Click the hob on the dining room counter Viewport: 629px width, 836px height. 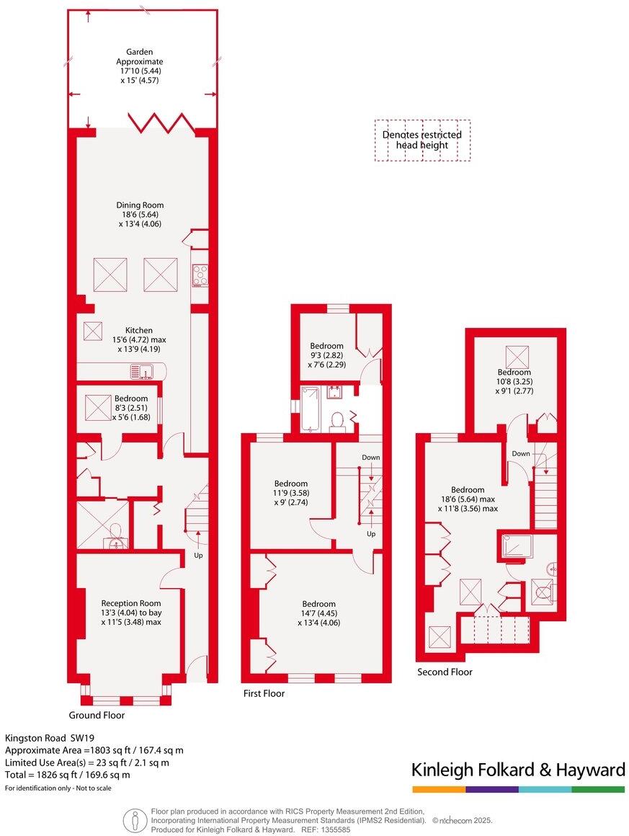(200, 274)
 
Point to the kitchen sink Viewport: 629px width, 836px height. (142, 371)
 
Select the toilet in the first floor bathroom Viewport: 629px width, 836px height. (337, 422)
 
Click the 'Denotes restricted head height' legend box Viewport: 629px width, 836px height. (422, 140)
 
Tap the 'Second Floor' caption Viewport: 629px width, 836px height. (445, 672)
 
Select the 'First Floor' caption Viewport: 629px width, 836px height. (263, 693)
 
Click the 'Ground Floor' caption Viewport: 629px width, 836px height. (97, 716)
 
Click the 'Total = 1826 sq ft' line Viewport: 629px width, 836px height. (68, 775)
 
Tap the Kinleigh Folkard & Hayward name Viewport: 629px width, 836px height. (517, 770)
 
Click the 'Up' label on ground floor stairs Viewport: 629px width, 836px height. (198, 556)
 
